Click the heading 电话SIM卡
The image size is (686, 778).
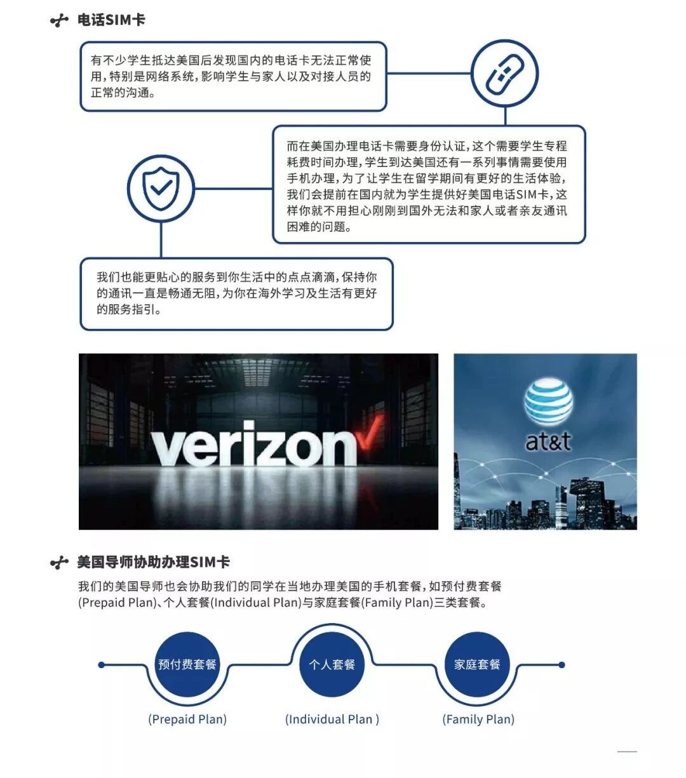click(111, 20)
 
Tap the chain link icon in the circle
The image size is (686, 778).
click(504, 73)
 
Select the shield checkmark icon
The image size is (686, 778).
click(161, 188)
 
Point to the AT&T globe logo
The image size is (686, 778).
click(548, 402)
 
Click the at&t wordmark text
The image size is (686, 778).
click(548, 441)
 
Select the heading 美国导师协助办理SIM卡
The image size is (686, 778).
click(153, 562)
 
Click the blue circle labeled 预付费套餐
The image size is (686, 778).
click(187, 664)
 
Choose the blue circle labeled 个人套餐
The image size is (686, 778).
click(332, 664)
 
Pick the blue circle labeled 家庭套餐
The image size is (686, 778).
click(477, 664)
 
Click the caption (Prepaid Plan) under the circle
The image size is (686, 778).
click(187, 719)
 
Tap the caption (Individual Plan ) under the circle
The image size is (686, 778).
click(332, 719)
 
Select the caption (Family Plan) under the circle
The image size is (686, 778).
click(478, 719)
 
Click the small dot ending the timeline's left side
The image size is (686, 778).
click(102, 665)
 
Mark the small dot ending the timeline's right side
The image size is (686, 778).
click(562, 665)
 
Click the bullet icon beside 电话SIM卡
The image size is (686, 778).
click(59, 21)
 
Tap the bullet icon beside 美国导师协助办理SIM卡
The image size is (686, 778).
click(59, 563)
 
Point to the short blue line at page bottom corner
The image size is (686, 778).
click(627, 752)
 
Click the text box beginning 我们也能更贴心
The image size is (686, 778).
click(236, 293)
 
